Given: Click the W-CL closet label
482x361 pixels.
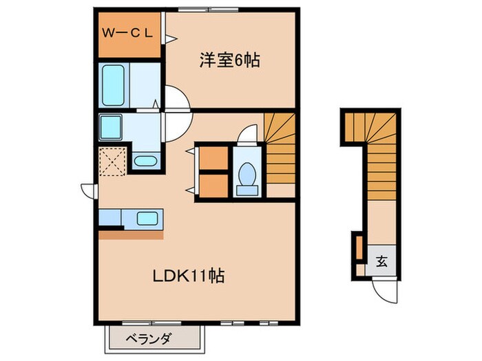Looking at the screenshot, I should [x=131, y=32].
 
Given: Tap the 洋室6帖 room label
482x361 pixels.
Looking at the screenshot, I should [x=229, y=61].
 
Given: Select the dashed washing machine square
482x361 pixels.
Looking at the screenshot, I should [x=111, y=162].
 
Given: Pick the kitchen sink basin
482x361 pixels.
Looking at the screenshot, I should [x=147, y=218].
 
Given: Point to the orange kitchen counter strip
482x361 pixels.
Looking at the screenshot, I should [x=131, y=234].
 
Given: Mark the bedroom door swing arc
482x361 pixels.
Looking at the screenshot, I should [x=176, y=98].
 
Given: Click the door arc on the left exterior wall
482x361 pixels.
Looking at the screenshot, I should [x=87, y=190].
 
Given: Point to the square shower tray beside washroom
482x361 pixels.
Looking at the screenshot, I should [x=111, y=127].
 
